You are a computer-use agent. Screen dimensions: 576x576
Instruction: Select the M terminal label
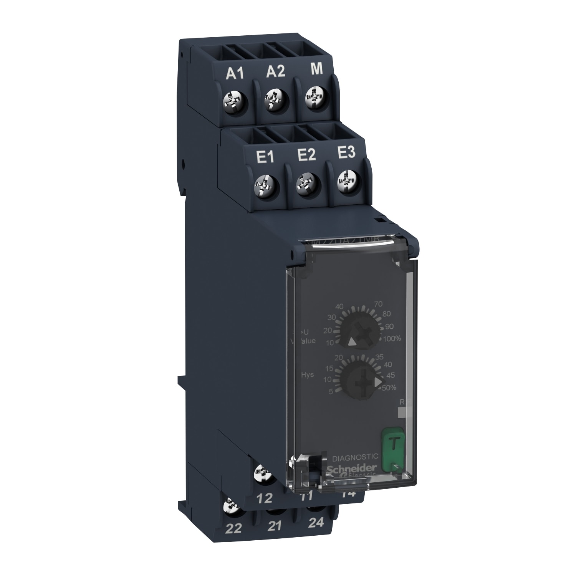coord(316,69)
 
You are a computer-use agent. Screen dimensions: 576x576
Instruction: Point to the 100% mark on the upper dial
coord(392,338)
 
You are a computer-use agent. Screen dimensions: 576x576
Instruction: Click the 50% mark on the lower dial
coord(389,388)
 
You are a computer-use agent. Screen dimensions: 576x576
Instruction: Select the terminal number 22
coord(234,529)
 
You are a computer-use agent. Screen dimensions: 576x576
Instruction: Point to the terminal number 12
coord(265,498)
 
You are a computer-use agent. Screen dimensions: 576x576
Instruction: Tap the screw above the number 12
coord(264,471)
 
